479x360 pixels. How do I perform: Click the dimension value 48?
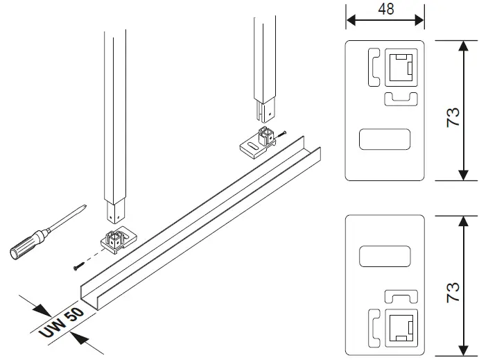pyautogui.click(x=385, y=9)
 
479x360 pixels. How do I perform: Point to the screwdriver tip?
pyautogui.click(x=84, y=206)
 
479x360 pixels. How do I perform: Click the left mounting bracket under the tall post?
pyautogui.click(x=118, y=242)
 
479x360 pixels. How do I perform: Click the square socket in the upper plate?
pyautogui.click(x=399, y=68)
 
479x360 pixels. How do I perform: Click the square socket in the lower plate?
pyautogui.click(x=399, y=328)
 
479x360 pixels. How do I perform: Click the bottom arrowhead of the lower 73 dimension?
pyautogui.click(x=462, y=352)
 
